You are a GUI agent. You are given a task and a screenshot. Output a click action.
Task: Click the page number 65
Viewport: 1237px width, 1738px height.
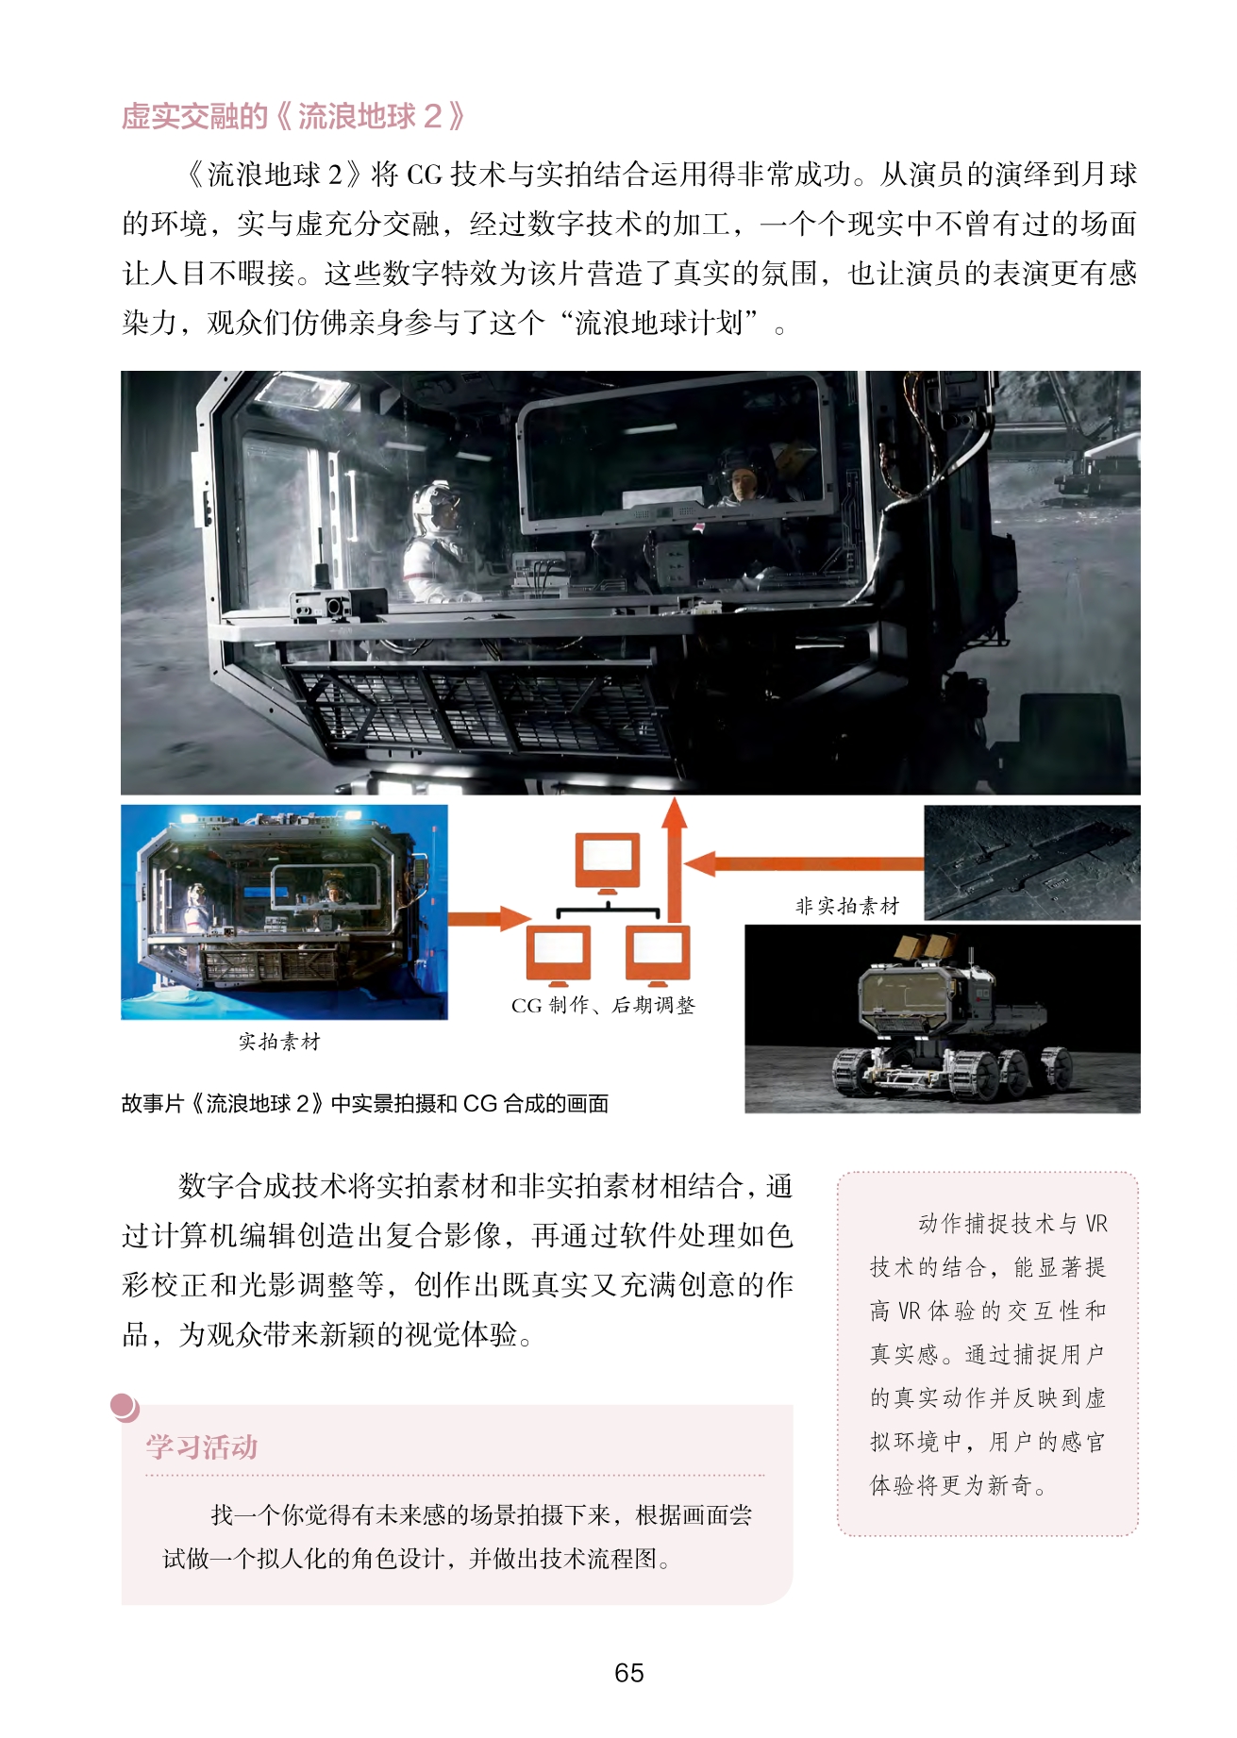pyautogui.click(x=628, y=1673)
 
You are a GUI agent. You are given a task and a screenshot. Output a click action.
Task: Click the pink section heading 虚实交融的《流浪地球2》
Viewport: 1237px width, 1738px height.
pyautogui.click(x=293, y=116)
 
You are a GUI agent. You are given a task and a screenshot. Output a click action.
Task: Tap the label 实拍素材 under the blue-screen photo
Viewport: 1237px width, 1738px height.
pyautogui.click(x=279, y=1041)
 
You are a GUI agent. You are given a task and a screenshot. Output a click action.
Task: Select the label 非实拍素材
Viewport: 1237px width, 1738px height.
pyautogui.click(x=847, y=906)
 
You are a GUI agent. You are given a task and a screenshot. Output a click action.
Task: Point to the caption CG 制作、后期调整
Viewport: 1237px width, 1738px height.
pyautogui.click(x=603, y=1005)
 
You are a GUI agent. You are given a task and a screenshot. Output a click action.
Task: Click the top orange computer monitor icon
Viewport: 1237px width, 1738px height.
pyautogui.click(x=608, y=862)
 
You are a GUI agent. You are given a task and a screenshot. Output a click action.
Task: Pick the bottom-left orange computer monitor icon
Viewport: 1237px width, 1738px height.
pyautogui.click(x=559, y=954)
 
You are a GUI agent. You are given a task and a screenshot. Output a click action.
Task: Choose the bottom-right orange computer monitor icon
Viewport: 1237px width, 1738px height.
pyautogui.click(x=658, y=954)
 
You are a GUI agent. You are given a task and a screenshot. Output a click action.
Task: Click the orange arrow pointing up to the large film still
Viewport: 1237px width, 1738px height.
pyautogui.click(x=674, y=860)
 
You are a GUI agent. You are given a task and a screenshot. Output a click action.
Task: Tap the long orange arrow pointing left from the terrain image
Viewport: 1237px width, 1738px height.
pyautogui.click(x=804, y=863)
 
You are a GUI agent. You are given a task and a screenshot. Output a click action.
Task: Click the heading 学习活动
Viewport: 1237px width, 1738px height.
pyautogui.click(x=201, y=1446)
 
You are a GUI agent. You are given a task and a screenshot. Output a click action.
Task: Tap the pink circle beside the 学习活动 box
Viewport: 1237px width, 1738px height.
pyautogui.click(x=124, y=1407)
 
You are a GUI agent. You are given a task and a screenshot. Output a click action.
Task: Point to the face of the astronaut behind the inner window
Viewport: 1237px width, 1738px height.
pyautogui.click(x=742, y=483)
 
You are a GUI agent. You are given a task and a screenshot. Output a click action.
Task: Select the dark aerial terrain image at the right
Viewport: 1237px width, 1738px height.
pyautogui.click(x=1032, y=862)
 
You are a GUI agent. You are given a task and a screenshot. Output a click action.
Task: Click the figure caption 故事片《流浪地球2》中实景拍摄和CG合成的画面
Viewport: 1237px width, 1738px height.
pyautogui.click(x=365, y=1103)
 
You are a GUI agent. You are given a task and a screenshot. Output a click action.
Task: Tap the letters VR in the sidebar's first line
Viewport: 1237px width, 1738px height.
pyautogui.click(x=1096, y=1224)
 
